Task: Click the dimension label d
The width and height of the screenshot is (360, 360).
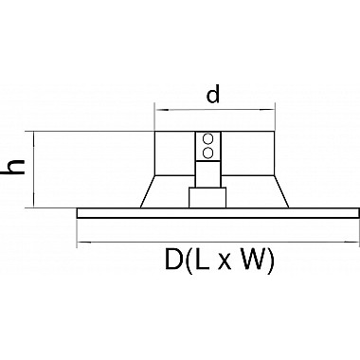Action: [x=213, y=95]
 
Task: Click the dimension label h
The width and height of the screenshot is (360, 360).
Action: [x=14, y=167]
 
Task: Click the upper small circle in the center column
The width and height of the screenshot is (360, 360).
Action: [x=207, y=138]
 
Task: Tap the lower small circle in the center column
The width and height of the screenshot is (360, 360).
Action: [x=207, y=153]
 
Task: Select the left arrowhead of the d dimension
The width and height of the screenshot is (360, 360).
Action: [x=161, y=110]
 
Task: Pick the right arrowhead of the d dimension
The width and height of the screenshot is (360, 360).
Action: [x=268, y=110]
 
